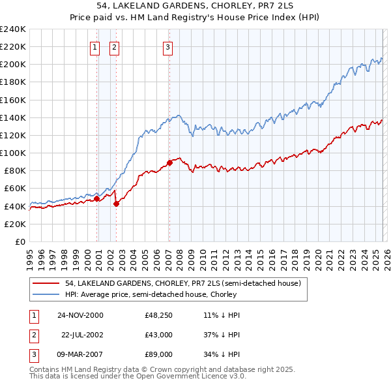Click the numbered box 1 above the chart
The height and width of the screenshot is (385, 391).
pos(94,47)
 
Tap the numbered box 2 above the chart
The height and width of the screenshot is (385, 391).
pos(114,47)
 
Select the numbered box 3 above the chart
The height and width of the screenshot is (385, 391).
pos(167,47)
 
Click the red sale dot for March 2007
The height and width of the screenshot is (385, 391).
pos(169,162)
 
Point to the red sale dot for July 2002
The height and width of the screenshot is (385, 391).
pos(116,204)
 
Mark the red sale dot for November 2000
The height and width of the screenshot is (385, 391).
pos(97,199)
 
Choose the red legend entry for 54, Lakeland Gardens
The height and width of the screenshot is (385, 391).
pos(182,284)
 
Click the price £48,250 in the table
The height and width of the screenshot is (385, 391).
pos(158,315)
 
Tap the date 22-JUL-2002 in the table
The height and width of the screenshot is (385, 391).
pos(81,335)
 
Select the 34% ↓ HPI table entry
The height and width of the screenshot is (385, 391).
pos(222,354)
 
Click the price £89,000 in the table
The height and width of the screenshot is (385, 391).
pos(158,354)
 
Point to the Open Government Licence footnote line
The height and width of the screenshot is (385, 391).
pos(138,377)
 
